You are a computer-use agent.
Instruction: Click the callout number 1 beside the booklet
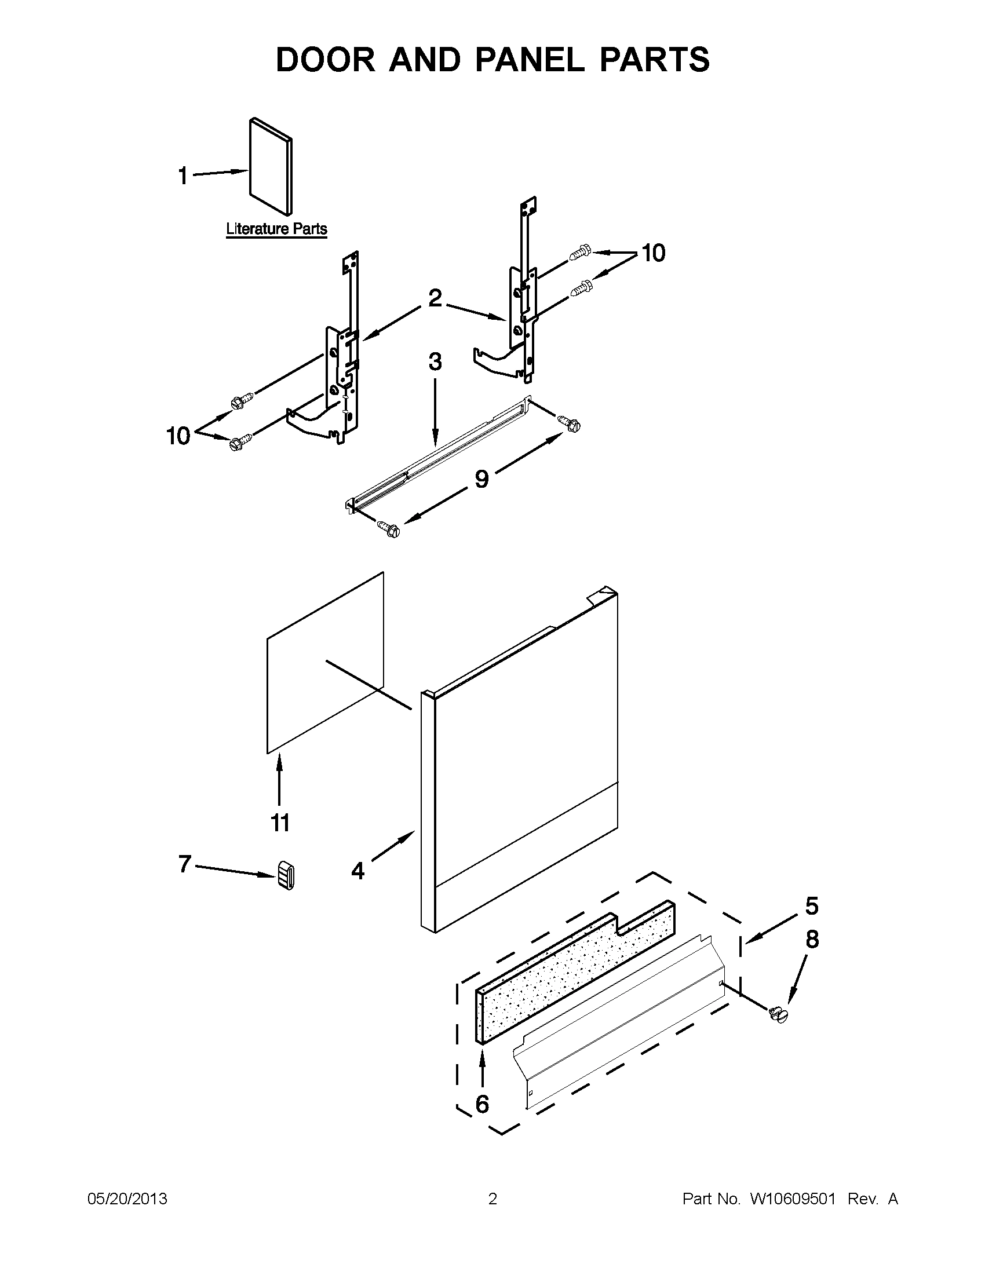pos(183,175)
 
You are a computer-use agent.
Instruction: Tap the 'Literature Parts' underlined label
pos(276,229)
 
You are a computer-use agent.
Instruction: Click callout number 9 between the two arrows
pos(481,478)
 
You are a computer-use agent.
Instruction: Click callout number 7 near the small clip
pos(184,864)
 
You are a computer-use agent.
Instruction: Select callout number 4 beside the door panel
pos(357,871)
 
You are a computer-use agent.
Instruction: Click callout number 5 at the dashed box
pos(812,905)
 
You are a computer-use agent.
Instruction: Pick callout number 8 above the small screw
pos(812,940)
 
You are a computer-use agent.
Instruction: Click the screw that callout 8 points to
pos(779,1015)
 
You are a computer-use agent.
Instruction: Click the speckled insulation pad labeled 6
pos(575,972)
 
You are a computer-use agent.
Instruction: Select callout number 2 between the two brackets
pos(435,298)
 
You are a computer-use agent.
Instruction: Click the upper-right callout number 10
pos(654,253)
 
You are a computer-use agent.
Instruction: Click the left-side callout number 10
pos(178,436)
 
